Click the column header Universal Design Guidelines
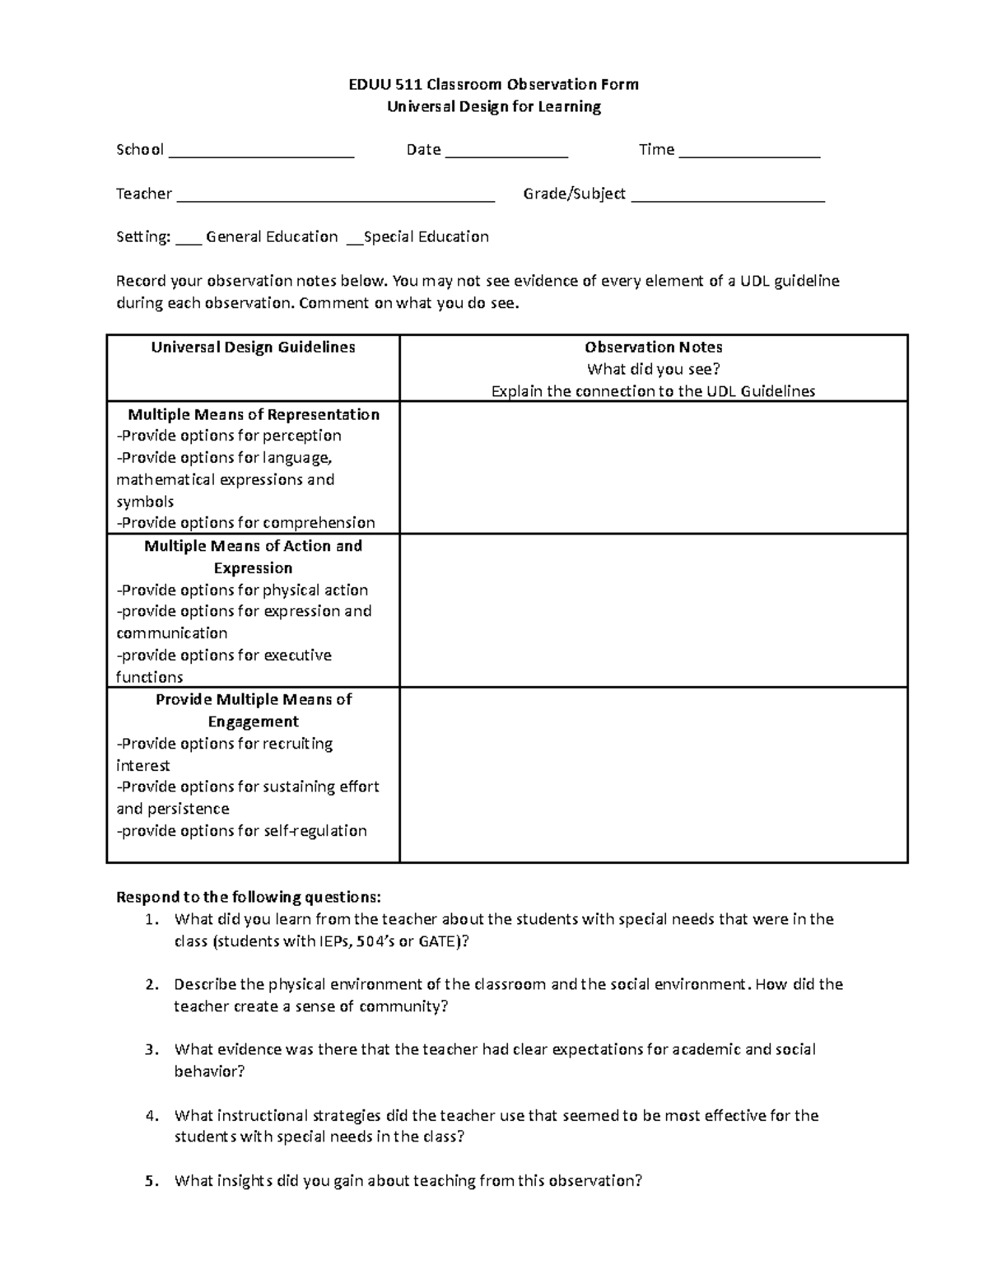253,347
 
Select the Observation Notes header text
654,347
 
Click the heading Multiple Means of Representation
253,414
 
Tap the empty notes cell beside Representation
654,467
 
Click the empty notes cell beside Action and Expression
654,610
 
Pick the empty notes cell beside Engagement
654,775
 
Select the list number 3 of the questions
150,1049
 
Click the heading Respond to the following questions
249,896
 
